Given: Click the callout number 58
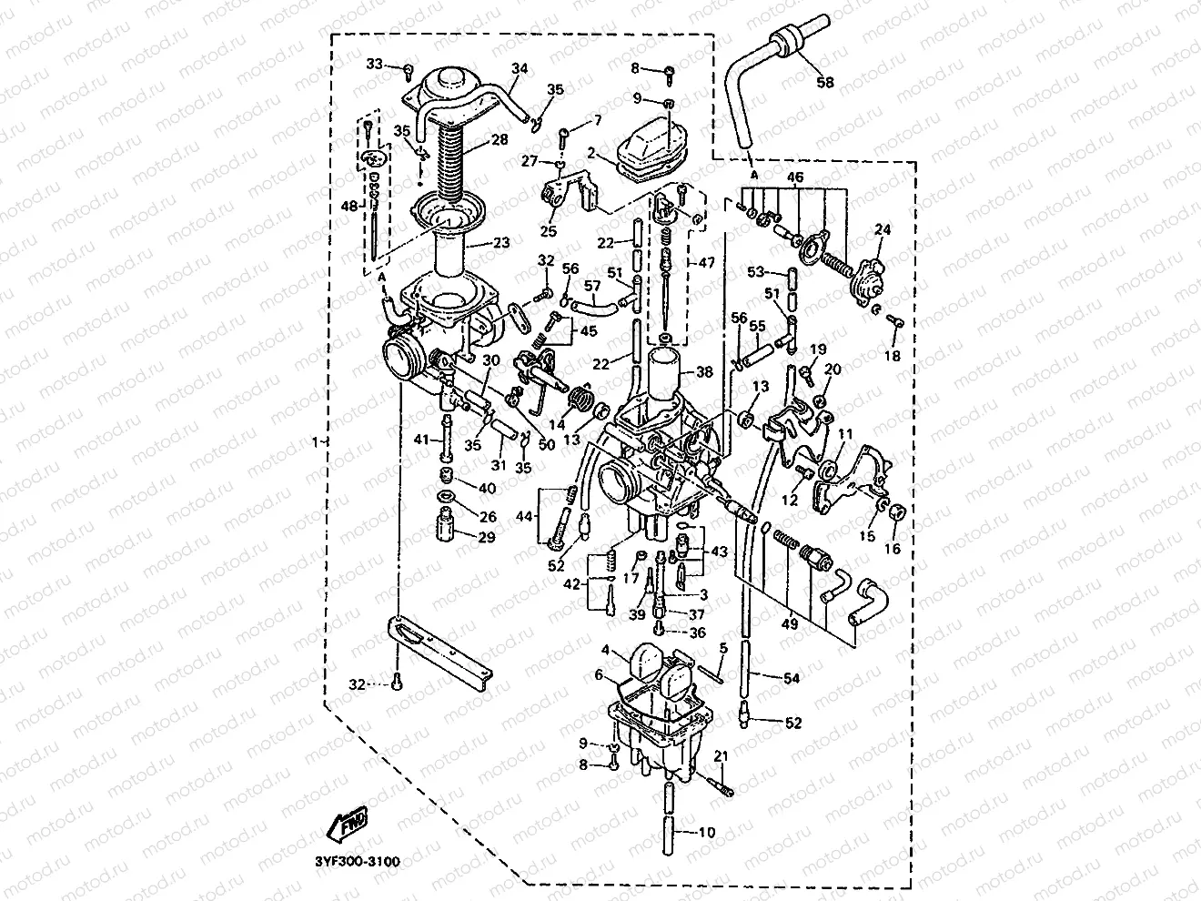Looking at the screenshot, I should [x=824, y=82].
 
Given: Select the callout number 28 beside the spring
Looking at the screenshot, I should [x=499, y=141].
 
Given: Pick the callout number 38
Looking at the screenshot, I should [x=705, y=371].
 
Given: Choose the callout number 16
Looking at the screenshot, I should [x=892, y=549].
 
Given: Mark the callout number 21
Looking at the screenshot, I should [x=721, y=756].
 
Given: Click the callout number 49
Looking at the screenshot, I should [x=790, y=623].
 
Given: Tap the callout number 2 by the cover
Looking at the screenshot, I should [x=590, y=155].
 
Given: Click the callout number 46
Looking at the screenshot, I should [x=794, y=177].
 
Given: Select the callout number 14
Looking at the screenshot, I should [x=556, y=424].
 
